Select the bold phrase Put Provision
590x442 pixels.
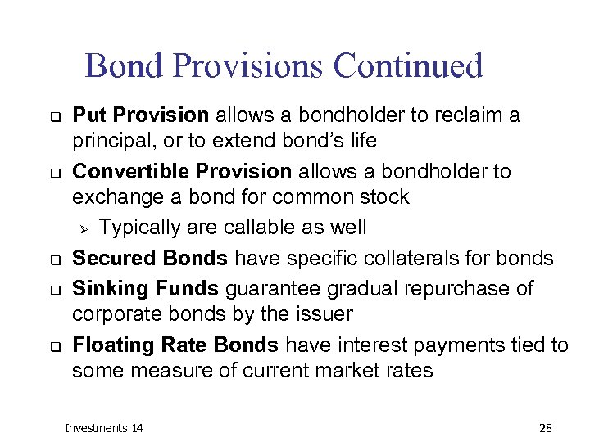(141, 115)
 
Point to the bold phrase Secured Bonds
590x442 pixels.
(150, 259)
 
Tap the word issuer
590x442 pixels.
(328, 315)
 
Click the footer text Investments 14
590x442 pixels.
(103, 428)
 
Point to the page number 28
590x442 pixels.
(547, 428)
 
